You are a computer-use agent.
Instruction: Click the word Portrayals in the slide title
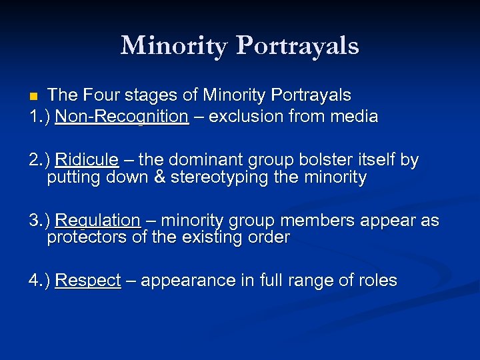pos(297,47)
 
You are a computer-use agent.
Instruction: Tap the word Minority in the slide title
pos(174,45)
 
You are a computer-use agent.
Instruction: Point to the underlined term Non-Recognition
pos(122,117)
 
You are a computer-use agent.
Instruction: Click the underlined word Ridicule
pos(87,160)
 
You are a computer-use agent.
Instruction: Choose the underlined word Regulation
pos(97,221)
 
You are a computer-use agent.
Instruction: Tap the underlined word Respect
pos(88,281)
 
